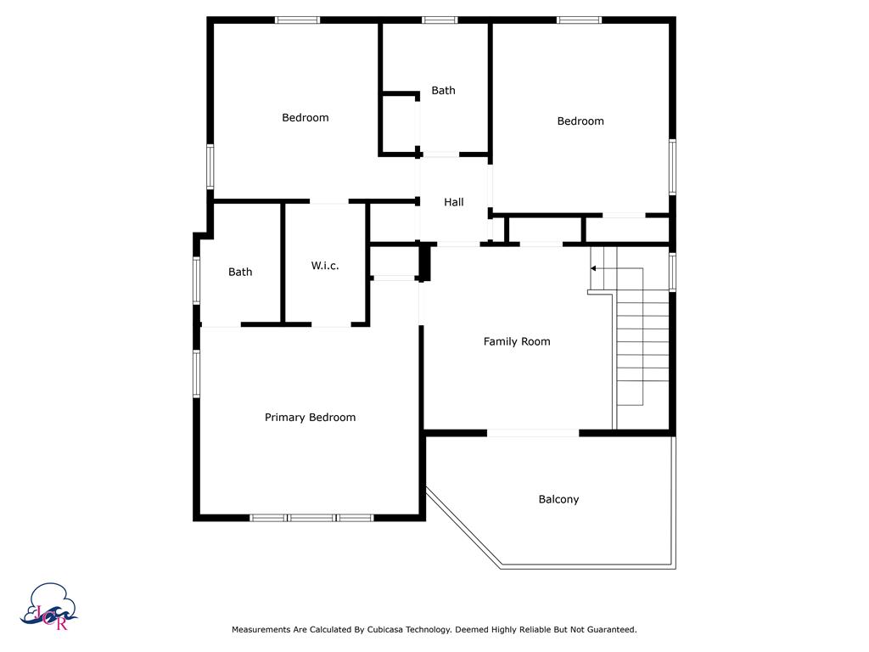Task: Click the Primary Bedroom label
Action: (x=310, y=418)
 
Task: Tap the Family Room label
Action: (x=517, y=342)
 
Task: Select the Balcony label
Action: (x=558, y=500)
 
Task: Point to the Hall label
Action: (x=454, y=203)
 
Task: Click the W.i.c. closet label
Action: (x=325, y=266)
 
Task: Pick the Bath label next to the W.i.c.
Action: (x=240, y=273)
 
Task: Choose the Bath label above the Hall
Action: (x=443, y=91)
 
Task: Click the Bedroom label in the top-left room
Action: (x=305, y=118)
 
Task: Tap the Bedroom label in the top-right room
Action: (x=580, y=121)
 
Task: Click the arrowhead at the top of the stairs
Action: (x=594, y=268)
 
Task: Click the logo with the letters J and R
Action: (x=53, y=606)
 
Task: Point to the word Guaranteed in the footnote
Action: (x=608, y=630)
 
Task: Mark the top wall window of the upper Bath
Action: (x=440, y=20)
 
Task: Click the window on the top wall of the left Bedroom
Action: (x=297, y=20)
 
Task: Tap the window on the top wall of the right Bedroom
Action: (x=579, y=20)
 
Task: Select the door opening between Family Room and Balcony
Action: (x=533, y=433)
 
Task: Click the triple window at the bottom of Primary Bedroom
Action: (x=311, y=517)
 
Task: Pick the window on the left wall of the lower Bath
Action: (x=196, y=280)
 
